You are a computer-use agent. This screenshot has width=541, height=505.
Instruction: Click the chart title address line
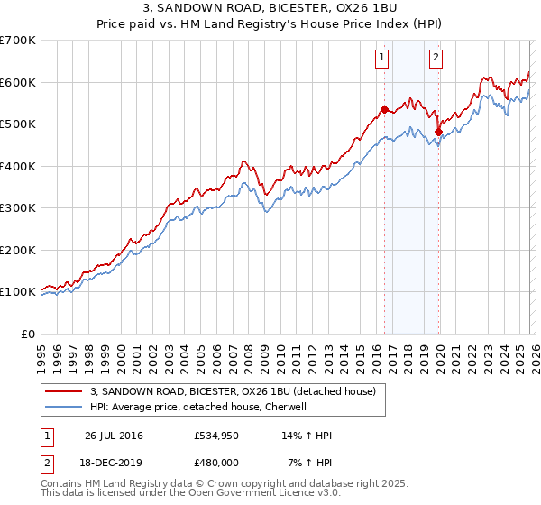click(270, 10)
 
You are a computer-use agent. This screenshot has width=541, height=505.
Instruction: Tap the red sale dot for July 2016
click(384, 110)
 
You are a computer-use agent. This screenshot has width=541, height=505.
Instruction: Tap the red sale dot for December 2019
click(438, 133)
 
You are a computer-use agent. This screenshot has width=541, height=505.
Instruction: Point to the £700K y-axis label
click(18, 41)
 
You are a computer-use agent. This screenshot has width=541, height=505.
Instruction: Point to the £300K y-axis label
click(18, 208)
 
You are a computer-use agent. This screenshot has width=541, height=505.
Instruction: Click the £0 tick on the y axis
click(29, 334)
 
